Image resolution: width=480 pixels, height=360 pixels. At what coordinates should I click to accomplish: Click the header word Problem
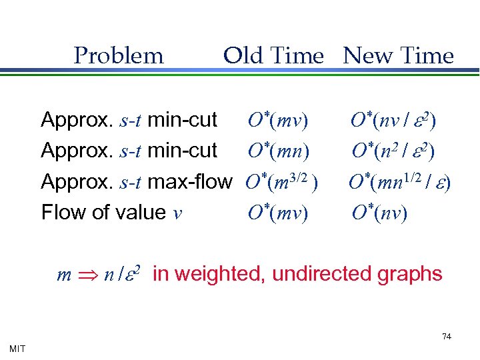click(x=119, y=56)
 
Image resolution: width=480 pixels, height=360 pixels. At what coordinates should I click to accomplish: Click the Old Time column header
click(x=273, y=56)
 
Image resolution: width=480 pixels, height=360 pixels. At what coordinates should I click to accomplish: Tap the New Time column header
click(x=398, y=56)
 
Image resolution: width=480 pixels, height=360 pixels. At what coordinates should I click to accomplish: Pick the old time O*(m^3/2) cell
click(x=281, y=181)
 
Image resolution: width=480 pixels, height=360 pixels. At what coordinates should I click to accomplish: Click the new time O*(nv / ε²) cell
click(x=393, y=121)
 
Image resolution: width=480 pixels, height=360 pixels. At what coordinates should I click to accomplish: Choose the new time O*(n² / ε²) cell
click(x=393, y=151)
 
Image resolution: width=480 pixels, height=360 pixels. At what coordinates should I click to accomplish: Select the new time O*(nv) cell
click(x=379, y=213)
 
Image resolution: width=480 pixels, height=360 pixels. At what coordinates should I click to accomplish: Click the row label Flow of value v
click(x=111, y=213)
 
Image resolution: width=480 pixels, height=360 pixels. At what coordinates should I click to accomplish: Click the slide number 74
click(x=447, y=337)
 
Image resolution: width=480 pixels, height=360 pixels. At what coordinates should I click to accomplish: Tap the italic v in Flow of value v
click(x=177, y=213)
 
